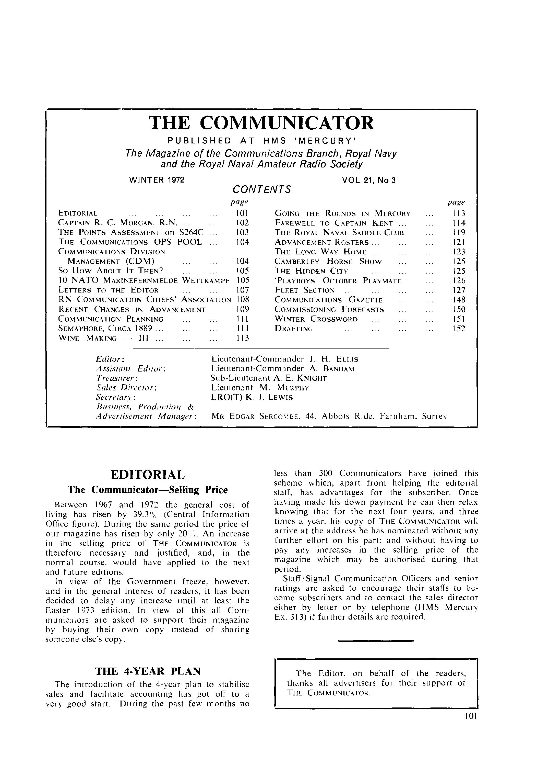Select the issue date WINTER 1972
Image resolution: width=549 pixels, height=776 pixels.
pyautogui.click(x=157, y=180)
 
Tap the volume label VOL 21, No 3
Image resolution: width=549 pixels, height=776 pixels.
pyautogui.click(x=368, y=180)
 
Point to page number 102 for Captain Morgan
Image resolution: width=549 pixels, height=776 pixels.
pyautogui.click(x=242, y=223)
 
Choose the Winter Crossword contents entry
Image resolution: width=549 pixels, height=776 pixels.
pyautogui.click(x=316, y=319)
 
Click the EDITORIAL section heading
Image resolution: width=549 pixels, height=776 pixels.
pyautogui.click(x=148, y=475)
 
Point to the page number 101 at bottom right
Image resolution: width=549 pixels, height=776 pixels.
pyautogui.click(x=471, y=726)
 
